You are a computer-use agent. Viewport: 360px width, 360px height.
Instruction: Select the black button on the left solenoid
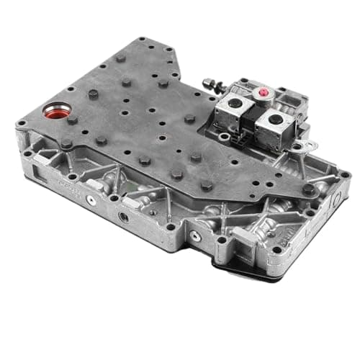tap(235, 106)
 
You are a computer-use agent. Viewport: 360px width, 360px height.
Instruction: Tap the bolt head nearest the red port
tap(72, 120)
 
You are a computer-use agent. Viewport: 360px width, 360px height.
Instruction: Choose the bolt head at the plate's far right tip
tap(308, 189)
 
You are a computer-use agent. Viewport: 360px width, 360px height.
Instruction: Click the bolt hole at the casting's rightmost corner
tap(345, 175)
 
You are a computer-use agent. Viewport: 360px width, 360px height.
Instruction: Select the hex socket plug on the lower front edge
tap(123, 216)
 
